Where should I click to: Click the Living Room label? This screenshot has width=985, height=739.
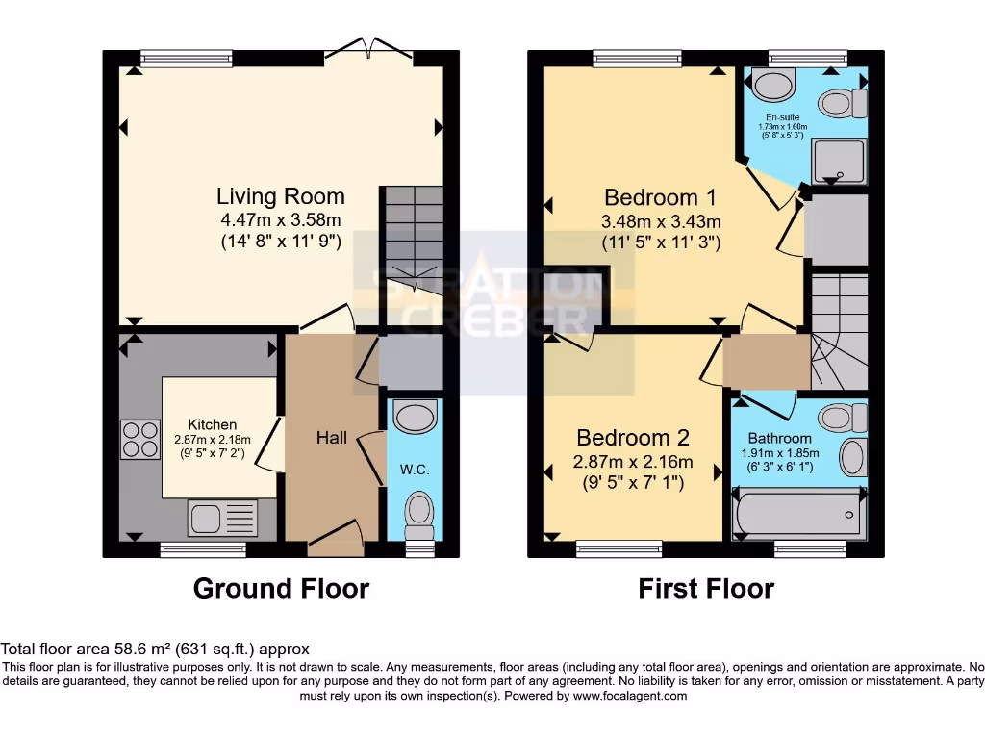click(280, 197)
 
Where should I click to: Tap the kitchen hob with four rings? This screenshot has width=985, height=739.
click(139, 439)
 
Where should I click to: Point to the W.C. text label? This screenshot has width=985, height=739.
click(414, 470)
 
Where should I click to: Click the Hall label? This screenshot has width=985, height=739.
click(332, 438)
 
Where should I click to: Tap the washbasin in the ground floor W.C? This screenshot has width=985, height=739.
click(416, 418)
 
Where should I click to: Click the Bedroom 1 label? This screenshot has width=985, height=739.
click(660, 198)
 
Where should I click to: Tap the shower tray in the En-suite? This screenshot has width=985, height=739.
click(839, 160)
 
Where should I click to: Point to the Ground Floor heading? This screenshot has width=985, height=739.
click(281, 588)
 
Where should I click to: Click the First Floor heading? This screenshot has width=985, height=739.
click(706, 588)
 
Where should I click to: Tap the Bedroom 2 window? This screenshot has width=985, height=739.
click(619, 548)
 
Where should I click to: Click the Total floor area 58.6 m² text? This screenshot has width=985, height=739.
click(154, 650)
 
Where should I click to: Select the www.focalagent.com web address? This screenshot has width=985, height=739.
click(630, 696)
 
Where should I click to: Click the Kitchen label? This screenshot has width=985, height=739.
click(212, 424)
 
